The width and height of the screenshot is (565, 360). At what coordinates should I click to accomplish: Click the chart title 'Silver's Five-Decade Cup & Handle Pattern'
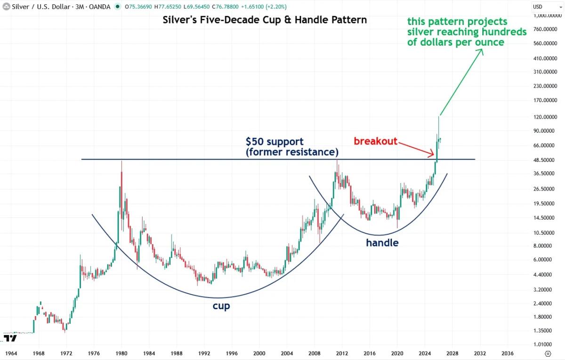click(264, 20)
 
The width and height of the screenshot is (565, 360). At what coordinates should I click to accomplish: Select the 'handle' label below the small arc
click(382, 243)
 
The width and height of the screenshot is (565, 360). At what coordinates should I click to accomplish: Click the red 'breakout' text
click(376, 141)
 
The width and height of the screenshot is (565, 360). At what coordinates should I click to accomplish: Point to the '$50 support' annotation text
click(274, 142)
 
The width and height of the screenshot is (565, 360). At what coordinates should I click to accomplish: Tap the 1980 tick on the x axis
click(121, 353)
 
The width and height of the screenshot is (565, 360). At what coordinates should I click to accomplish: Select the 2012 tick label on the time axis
click(342, 353)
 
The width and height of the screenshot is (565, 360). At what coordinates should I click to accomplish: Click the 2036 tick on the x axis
click(507, 353)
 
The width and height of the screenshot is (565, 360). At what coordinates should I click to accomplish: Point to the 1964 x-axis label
click(11, 353)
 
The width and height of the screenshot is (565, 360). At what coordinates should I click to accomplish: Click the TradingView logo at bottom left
click(10, 338)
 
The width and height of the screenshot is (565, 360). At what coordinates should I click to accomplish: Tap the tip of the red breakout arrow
click(434, 155)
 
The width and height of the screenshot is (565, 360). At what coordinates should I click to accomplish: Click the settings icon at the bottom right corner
click(548, 353)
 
